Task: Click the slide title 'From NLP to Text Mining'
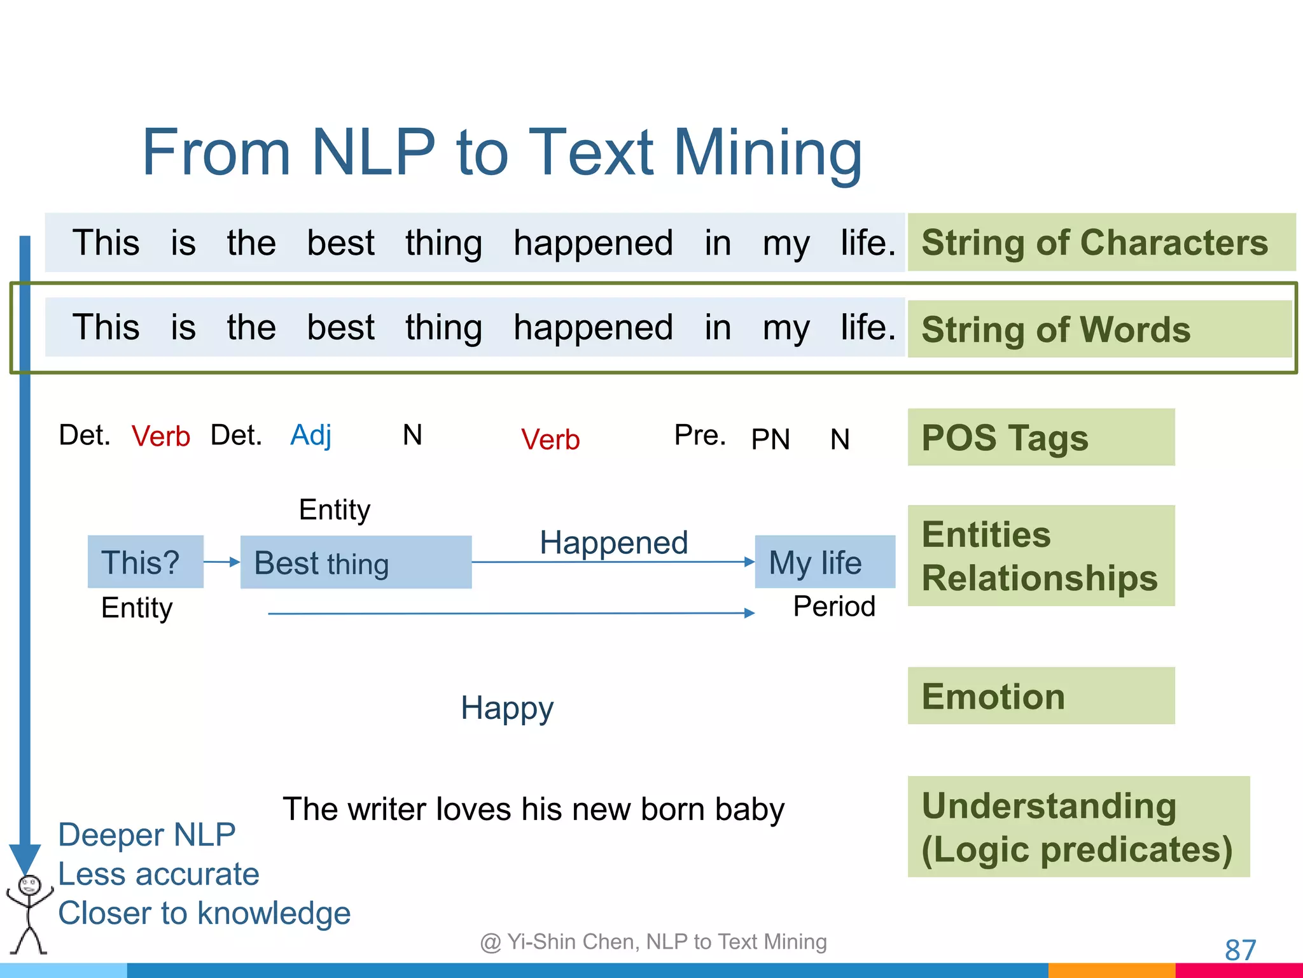501,153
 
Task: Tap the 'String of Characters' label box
1101,243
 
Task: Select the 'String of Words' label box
1099,329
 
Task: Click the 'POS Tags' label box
1041,437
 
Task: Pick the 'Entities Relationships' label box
1041,556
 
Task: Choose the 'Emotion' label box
1041,696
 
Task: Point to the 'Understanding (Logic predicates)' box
1078,827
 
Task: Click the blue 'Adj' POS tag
310,436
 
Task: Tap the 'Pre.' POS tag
700,436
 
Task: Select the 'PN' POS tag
770,439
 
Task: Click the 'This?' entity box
146,562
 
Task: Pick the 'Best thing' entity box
356,563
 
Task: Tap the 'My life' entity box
825,562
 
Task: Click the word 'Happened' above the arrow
613,543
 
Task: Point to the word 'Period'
834,606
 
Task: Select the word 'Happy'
507,708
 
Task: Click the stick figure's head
29,886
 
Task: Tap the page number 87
1240,950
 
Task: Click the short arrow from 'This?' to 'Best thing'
221,562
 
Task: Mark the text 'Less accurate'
158,874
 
